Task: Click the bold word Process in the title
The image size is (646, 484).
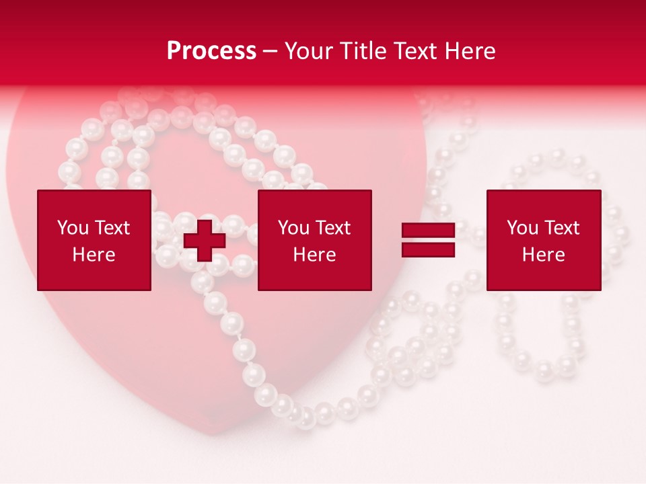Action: click(211, 51)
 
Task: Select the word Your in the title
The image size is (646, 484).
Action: click(308, 51)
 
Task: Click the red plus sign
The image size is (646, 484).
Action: click(205, 241)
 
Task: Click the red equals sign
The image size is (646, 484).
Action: click(428, 240)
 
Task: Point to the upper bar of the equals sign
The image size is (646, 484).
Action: click(428, 231)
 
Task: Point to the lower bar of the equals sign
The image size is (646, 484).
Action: click(428, 249)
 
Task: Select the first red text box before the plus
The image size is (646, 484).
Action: click(94, 240)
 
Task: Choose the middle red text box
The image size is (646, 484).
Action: click(314, 240)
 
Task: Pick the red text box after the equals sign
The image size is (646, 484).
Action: click(543, 240)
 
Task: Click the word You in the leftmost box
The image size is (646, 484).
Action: click(73, 228)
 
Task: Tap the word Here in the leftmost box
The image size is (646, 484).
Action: click(94, 255)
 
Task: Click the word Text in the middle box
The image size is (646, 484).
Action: click(332, 228)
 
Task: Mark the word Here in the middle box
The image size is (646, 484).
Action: click(314, 255)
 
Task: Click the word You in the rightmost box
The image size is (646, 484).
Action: click(523, 228)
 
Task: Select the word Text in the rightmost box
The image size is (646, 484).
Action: click(561, 228)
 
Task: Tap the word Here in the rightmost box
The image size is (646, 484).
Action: click(543, 255)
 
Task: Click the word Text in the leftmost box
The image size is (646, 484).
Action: click(112, 228)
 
